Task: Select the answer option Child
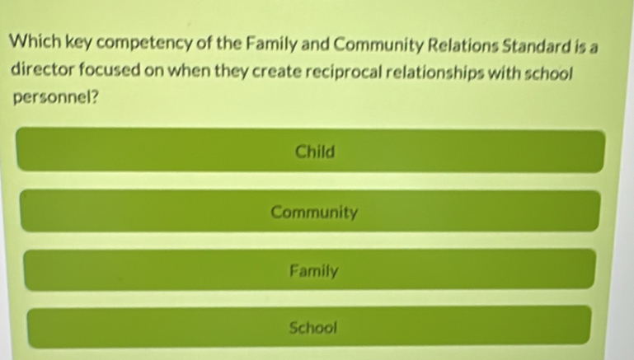[x=313, y=152]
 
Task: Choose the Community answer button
[x=313, y=213]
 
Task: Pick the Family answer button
[x=313, y=270]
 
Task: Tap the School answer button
[x=313, y=327]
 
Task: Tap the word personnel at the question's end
[x=51, y=96]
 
